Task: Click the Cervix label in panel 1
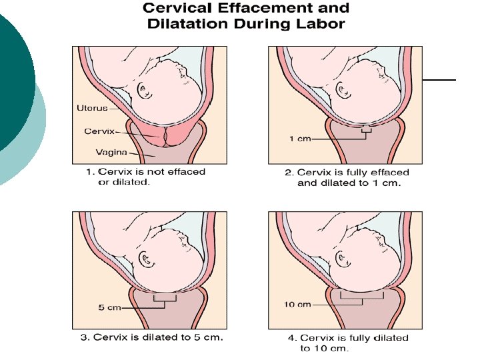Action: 97,131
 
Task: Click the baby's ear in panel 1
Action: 145,89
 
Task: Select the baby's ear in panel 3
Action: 145,257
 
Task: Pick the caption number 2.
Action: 288,172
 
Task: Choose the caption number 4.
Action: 285,338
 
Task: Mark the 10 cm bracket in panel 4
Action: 361,297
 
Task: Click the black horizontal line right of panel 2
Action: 439,79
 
